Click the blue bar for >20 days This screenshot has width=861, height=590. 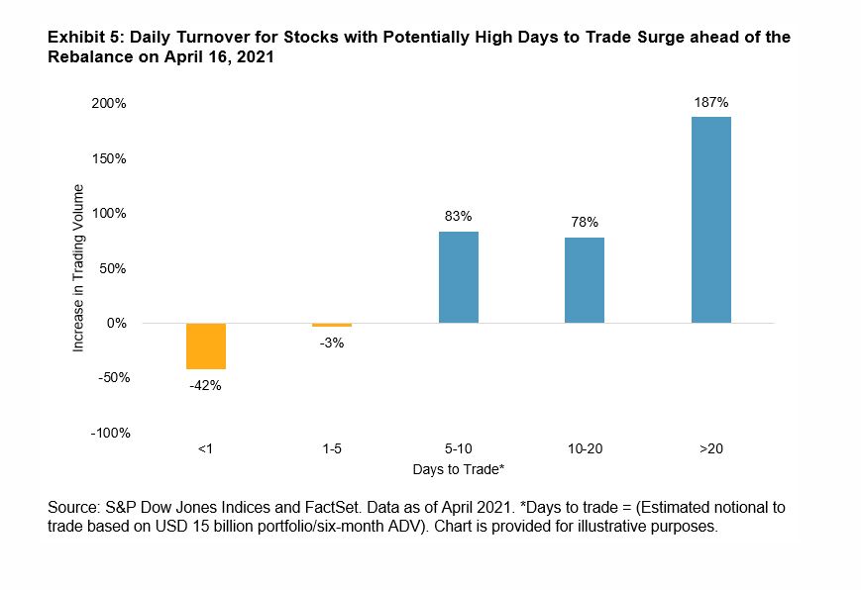(x=710, y=220)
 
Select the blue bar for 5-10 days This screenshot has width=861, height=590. (x=458, y=277)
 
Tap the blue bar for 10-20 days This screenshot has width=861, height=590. (x=585, y=280)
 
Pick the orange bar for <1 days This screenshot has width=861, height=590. (x=205, y=345)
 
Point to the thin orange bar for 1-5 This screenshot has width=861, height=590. (x=332, y=325)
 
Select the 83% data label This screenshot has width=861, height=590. (x=458, y=215)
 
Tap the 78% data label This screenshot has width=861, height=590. (x=585, y=222)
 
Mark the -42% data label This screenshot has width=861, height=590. (x=205, y=385)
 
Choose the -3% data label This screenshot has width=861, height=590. (x=332, y=343)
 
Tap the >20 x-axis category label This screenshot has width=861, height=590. (x=710, y=448)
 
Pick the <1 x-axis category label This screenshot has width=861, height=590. (x=205, y=448)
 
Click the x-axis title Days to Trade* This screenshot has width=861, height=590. (x=458, y=467)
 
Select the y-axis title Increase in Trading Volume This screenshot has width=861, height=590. (x=79, y=267)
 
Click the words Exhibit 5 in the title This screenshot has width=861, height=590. (x=78, y=38)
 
